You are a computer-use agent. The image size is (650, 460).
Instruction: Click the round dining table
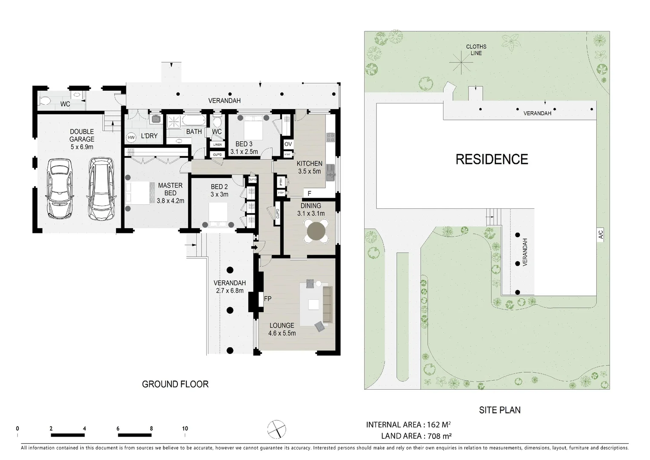click(316, 232)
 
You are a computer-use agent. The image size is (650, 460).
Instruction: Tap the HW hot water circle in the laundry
click(131, 137)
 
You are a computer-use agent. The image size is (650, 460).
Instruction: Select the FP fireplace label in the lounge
click(268, 299)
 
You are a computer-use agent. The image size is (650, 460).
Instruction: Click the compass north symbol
click(277, 429)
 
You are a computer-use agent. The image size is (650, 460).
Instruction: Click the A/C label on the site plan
click(601, 234)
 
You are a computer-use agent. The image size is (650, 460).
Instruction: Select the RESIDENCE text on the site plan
click(492, 159)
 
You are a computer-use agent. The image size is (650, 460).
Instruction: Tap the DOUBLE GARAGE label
click(82, 135)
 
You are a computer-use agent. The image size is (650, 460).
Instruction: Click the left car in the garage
click(60, 189)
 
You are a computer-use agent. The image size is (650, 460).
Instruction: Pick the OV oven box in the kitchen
click(288, 144)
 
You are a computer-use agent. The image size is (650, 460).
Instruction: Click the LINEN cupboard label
click(217, 145)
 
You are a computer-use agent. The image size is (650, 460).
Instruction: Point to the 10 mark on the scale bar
click(185, 429)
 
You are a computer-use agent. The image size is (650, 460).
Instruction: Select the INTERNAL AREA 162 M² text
click(408, 425)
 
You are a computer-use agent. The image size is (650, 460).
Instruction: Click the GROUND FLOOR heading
click(175, 384)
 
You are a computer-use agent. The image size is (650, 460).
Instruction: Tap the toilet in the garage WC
click(46, 100)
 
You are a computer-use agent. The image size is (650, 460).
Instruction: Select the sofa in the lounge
click(327, 304)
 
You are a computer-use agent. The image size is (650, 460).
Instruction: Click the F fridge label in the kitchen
click(310, 194)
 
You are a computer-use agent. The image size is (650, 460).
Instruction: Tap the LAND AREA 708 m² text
click(416, 436)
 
